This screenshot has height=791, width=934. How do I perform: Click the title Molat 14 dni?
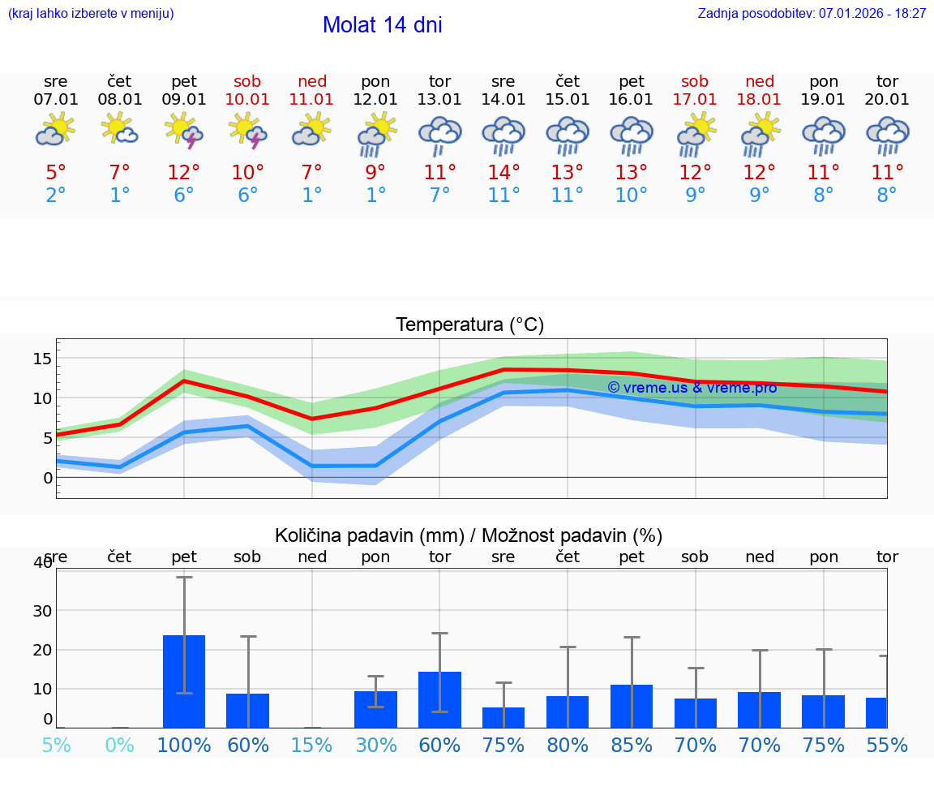(x=382, y=25)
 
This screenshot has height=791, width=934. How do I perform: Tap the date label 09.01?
(x=184, y=100)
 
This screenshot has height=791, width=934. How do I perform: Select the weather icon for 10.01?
(x=248, y=131)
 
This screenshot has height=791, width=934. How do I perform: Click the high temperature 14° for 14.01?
(x=503, y=173)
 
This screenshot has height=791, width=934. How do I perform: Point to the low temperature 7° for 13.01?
(x=439, y=196)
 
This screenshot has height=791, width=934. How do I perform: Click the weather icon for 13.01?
(x=439, y=135)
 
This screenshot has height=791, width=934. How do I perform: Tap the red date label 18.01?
(x=760, y=100)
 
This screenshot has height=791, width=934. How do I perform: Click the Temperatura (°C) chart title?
(x=469, y=325)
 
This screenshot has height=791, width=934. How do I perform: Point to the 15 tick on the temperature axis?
(x=42, y=359)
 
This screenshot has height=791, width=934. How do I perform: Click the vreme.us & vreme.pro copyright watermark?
(x=692, y=388)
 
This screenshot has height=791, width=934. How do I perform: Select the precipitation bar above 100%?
(x=184, y=681)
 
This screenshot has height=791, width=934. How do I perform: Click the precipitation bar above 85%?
(x=632, y=706)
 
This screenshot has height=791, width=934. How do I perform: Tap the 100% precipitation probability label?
(x=184, y=745)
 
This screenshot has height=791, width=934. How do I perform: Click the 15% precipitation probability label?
(x=312, y=745)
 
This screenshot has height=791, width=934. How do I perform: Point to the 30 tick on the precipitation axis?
(x=41, y=610)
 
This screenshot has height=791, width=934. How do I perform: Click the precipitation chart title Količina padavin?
(x=469, y=535)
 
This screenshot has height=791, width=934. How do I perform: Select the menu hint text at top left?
(x=91, y=14)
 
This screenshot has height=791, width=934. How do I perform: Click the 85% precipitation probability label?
(x=632, y=745)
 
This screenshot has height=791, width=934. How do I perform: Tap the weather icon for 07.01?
(x=55, y=131)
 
